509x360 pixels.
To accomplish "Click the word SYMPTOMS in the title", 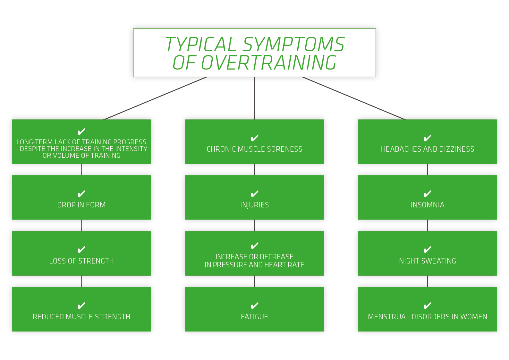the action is click(x=294, y=44).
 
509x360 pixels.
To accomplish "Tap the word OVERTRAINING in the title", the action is click(x=268, y=63).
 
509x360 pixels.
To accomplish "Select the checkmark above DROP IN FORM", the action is click(x=81, y=194).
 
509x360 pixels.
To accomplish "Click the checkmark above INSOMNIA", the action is click(x=428, y=194).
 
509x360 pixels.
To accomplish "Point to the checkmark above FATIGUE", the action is click(x=255, y=306).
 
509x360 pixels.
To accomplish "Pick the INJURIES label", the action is click(x=255, y=205).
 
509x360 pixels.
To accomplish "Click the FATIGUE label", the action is click(x=255, y=317).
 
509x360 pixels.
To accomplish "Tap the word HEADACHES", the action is click(x=401, y=149).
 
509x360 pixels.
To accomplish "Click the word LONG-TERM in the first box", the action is click(x=35, y=142).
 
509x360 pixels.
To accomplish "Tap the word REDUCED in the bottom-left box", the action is click(x=48, y=317).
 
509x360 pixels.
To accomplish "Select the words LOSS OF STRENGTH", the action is click(x=81, y=261).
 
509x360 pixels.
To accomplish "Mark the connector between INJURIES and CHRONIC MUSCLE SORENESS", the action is click(x=255, y=170).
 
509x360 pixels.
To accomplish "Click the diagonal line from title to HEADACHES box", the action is click(x=353, y=98).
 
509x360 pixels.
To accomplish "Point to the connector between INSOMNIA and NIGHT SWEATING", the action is click(x=428, y=225).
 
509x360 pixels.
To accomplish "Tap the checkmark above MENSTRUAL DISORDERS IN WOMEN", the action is click(x=428, y=306).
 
